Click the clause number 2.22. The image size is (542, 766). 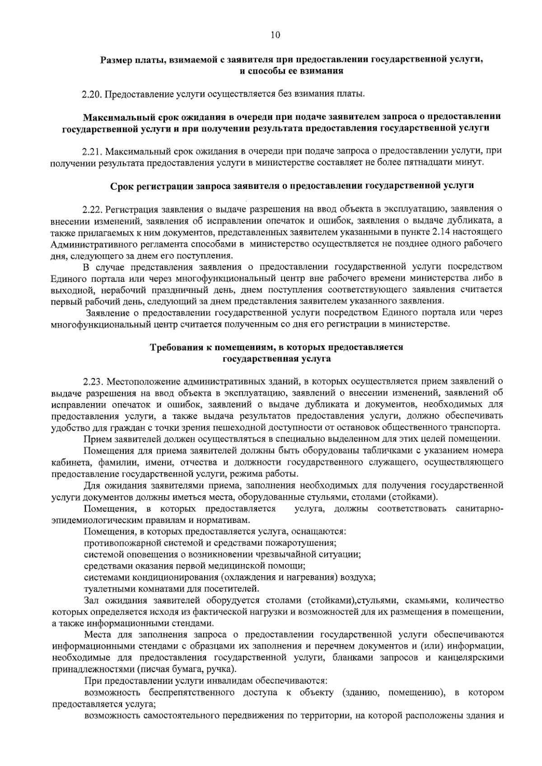tap(93, 210)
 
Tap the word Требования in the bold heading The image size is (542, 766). tap(173, 348)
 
